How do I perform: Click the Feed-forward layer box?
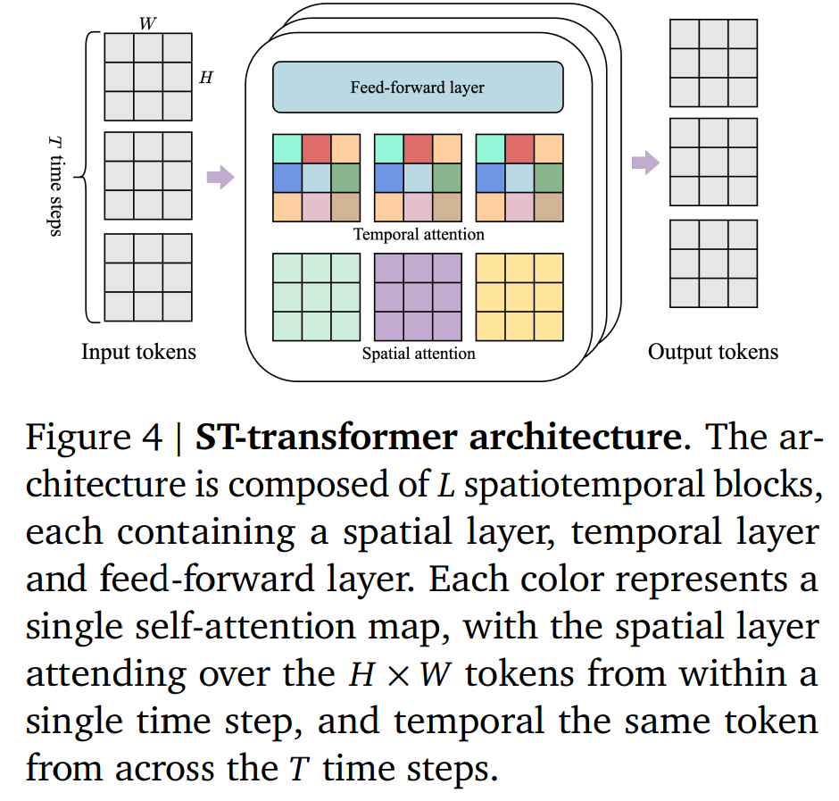click(418, 88)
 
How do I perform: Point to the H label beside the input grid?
click(206, 77)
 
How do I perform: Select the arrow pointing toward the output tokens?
click(644, 163)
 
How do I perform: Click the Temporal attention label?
click(419, 235)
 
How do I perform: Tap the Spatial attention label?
click(419, 354)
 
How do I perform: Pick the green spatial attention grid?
click(316, 296)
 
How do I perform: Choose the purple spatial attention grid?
click(418, 296)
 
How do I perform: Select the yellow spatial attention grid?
click(519, 296)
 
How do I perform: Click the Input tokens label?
click(138, 352)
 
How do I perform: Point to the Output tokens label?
click(712, 352)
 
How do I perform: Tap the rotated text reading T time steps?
click(55, 184)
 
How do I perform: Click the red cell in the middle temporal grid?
click(418, 148)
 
